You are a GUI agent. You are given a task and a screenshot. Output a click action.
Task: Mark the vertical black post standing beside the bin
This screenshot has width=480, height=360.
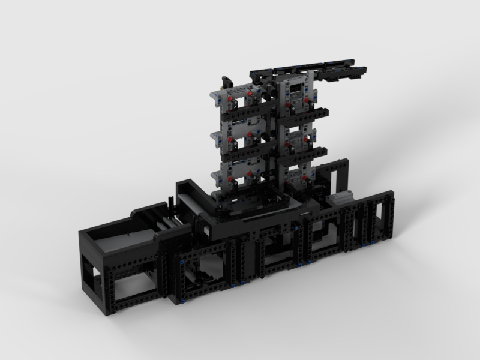(161, 270)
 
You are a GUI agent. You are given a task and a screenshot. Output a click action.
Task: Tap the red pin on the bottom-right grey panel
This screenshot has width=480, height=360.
(307, 178)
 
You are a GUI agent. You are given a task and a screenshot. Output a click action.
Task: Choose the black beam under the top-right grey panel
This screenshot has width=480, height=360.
(306, 112)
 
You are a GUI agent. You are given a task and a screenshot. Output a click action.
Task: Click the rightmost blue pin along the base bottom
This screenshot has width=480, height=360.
(373, 243)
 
